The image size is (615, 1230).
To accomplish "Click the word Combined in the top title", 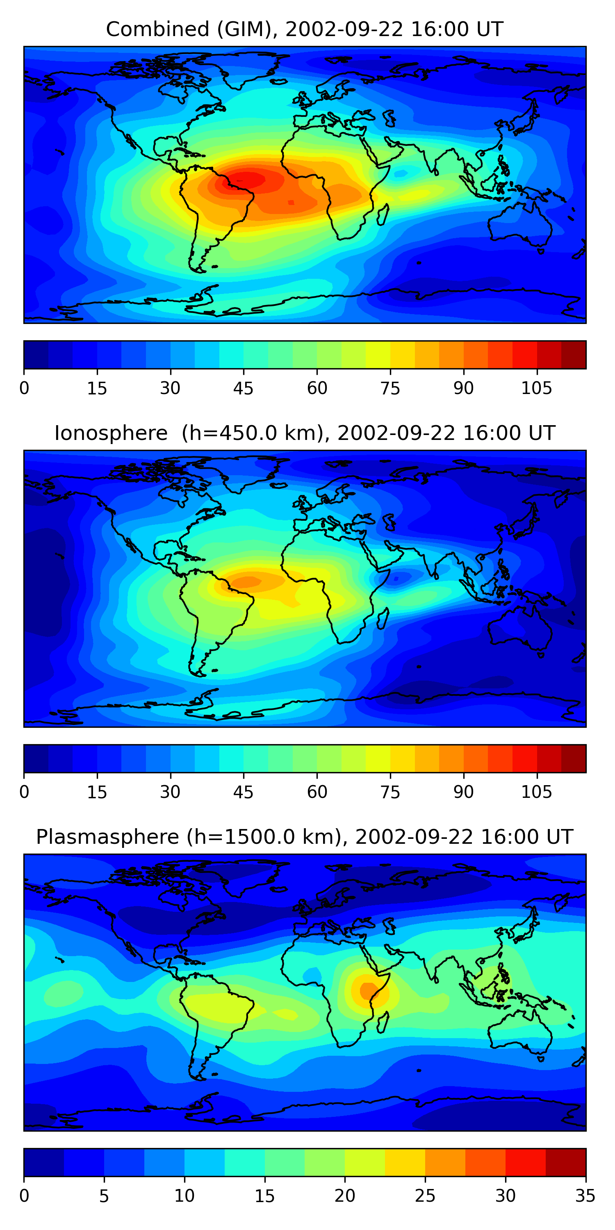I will [x=157, y=29].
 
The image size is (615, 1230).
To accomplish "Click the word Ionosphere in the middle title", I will [x=111, y=433].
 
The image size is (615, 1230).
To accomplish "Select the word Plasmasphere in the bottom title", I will [x=107, y=837].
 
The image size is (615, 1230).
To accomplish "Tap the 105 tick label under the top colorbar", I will [x=536, y=388].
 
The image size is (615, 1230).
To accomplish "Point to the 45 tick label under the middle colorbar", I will [x=243, y=792].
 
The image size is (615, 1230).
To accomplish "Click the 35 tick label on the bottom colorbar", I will [x=585, y=1196].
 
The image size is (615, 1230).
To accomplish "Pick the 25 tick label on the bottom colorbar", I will [x=425, y=1196].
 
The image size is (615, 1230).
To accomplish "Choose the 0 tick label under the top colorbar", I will [x=24, y=388].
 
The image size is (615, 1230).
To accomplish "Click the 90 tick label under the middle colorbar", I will [x=463, y=792].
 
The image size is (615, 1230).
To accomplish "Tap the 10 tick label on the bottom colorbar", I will [x=184, y=1196].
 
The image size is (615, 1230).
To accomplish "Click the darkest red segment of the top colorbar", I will [x=574, y=355].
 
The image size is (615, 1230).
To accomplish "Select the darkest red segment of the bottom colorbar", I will [x=566, y=1162].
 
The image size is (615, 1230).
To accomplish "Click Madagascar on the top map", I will [x=383, y=215].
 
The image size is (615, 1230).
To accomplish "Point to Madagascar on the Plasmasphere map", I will [x=383, y=1023].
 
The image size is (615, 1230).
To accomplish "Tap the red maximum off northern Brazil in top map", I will [x=246, y=180].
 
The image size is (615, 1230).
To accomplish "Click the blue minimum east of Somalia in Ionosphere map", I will [x=395, y=579].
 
